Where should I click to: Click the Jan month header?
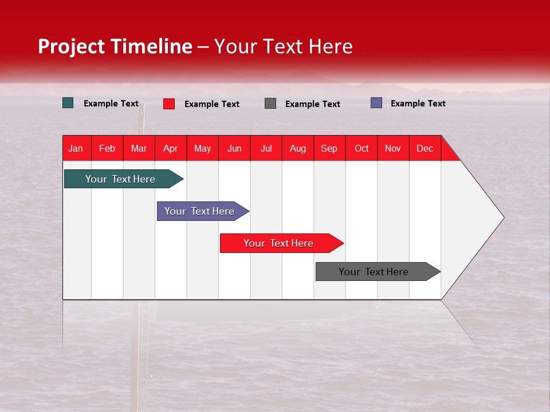(x=76, y=148)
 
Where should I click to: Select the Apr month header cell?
(x=171, y=148)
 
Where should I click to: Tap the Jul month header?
(x=266, y=148)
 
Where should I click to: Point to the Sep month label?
(x=329, y=148)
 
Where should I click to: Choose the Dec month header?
(x=425, y=148)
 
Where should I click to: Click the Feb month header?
(x=107, y=148)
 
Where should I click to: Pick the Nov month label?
(x=393, y=148)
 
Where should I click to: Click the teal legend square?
(x=68, y=103)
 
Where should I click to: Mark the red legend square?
(x=169, y=104)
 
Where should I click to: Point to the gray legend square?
(x=270, y=104)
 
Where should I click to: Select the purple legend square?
(x=376, y=103)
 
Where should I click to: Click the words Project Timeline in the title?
(x=115, y=46)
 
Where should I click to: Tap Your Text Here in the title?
(x=284, y=46)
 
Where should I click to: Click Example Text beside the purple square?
(x=418, y=103)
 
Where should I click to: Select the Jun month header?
(x=234, y=148)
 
